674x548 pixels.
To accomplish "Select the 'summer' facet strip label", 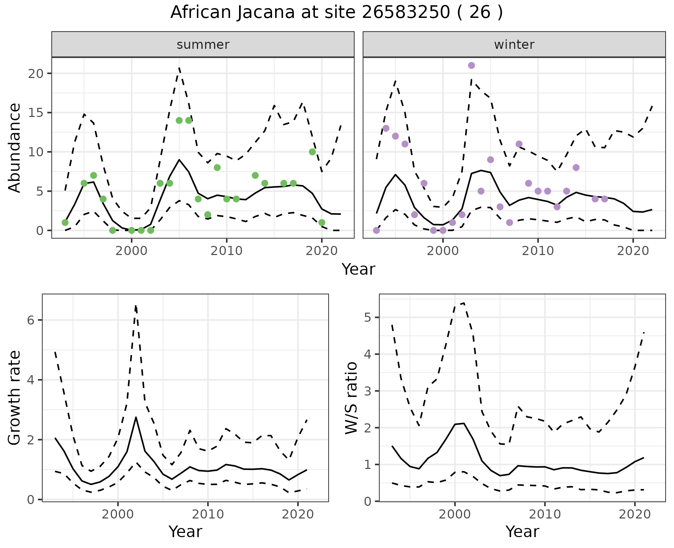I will pos(203,45).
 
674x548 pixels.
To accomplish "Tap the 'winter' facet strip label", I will pos(514,45).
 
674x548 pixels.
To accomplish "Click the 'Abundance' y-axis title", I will pos(15,148).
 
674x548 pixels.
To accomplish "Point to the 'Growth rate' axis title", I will pos(15,398).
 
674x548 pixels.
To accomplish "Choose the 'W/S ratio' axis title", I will pos(351,398).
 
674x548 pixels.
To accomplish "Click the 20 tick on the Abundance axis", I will pos(36,73).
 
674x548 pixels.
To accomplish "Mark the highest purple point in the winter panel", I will pos(471,65).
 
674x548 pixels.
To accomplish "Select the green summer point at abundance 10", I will pos(312,152).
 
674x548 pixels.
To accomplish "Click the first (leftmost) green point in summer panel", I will pos(65,222).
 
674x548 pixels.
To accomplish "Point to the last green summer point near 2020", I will pos(322,222).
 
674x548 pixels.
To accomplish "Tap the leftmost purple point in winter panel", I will pos(376,230).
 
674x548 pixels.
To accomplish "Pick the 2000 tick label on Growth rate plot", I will pos(118,514).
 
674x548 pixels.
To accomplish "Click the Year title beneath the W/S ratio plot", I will pos(522,531).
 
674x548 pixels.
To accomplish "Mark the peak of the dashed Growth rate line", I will pos(136,306).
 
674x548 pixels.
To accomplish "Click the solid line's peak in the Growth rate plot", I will pos(136,417).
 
